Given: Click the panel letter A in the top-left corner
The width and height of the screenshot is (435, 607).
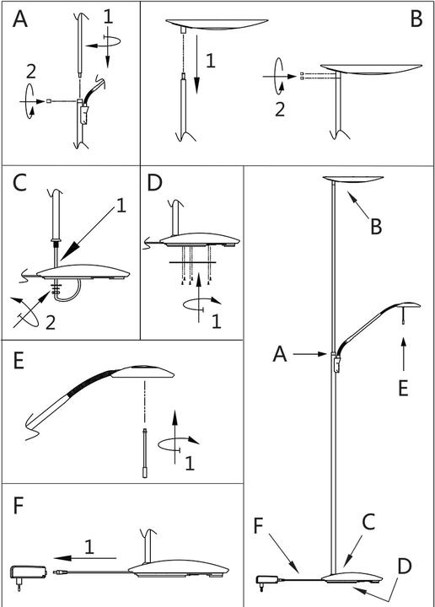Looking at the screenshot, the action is click(x=20, y=19).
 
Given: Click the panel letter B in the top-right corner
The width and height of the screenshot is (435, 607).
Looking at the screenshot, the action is click(x=416, y=19).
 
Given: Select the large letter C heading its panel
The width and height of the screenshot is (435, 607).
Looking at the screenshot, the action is click(x=19, y=183).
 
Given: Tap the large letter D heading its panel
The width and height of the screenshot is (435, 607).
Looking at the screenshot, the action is click(x=154, y=183).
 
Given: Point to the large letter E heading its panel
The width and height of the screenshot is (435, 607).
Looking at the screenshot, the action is click(x=19, y=361).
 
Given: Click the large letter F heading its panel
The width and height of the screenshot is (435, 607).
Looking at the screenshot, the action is click(x=19, y=506).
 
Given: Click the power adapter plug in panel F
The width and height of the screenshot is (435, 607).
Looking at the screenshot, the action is click(x=28, y=574).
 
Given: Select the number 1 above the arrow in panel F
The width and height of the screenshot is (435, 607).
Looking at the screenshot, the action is click(x=89, y=547).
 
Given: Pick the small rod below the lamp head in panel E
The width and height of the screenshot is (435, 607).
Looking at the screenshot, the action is click(x=145, y=453).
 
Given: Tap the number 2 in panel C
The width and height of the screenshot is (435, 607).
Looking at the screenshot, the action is click(x=51, y=322).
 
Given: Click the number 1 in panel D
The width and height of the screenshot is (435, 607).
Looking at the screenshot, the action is click(x=217, y=321).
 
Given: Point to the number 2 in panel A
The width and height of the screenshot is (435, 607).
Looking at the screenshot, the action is click(x=31, y=72).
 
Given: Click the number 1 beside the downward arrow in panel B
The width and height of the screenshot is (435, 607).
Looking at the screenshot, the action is click(x=211, y=61).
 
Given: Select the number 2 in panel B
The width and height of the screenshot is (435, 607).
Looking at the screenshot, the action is click(x=280, y=109).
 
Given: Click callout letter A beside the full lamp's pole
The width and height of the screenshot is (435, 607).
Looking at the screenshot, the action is click(x=280, y=354).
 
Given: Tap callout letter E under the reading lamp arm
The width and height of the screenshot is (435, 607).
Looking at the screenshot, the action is click(x=403, y=388).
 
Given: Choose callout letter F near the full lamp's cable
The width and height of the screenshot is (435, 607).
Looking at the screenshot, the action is click(x=259, y=526).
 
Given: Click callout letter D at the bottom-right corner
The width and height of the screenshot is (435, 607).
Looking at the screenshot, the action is click(x=404, y=566).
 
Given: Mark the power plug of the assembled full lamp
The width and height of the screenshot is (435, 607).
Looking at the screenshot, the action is click(x=266, y=581).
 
